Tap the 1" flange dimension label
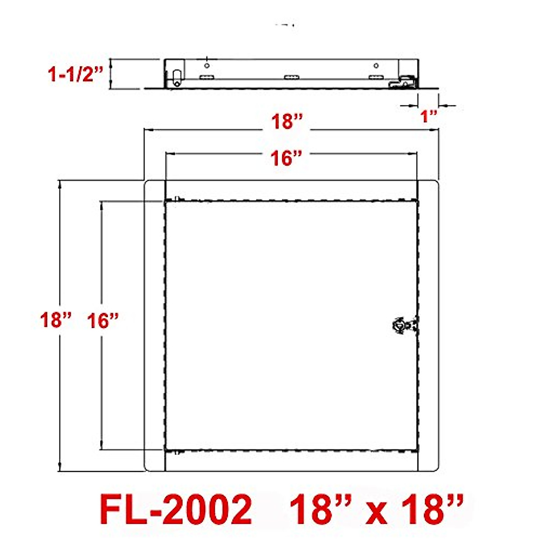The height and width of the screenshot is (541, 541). click(429, 117)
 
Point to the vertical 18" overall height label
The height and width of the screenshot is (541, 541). click(56, 320)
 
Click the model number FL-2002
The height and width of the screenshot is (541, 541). click(176, 509)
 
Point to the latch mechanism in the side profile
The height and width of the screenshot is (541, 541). click(403, 82)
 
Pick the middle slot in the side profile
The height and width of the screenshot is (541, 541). click(292, 77)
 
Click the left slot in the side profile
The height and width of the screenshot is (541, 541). click(207, 77)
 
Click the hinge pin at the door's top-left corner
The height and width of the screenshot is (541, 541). click(177, 199)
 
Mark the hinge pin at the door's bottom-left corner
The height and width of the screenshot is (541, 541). click(177, 452)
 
